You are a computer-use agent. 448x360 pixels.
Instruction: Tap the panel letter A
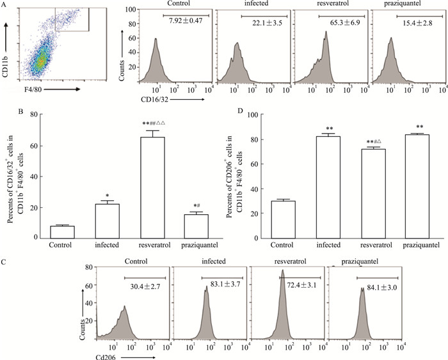pyautogui.click(x=4, y=4)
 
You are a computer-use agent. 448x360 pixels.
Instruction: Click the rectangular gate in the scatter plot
pyautogui.click(x=71, y=19)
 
